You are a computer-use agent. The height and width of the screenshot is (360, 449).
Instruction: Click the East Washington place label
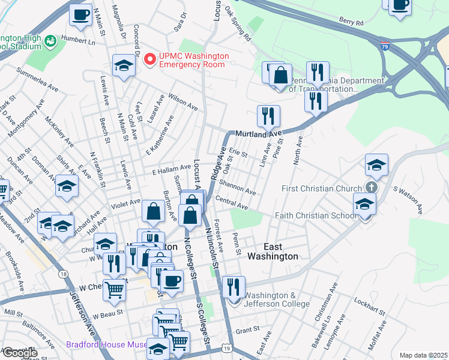coord(273,251)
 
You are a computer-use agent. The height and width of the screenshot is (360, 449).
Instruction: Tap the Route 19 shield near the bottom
coord(225,348)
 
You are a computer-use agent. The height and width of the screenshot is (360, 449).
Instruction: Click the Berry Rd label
coord(351,22)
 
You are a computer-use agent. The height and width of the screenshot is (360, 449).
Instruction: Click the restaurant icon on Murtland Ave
coord(268,115)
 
